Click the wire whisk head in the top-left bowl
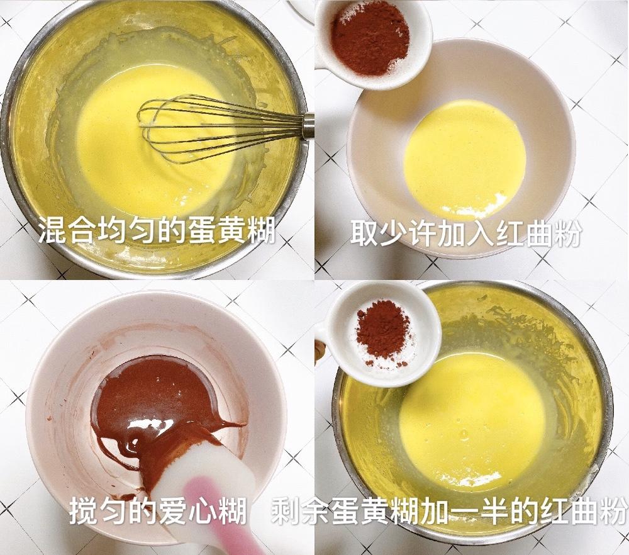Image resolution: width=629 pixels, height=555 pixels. (189, 129)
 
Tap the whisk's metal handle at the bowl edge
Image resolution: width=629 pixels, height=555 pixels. (308, 125)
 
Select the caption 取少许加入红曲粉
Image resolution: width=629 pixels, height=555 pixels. (465, 235)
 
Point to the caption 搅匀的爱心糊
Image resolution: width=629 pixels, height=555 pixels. (157, 512)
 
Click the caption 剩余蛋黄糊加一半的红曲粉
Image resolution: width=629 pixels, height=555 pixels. (449, 512)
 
